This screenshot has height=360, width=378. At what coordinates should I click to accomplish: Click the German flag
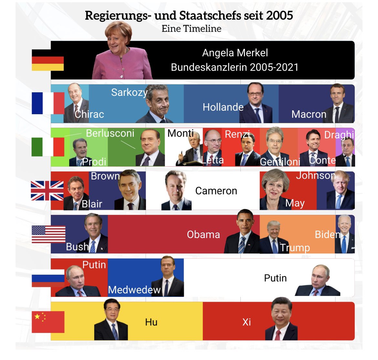coord(47,60)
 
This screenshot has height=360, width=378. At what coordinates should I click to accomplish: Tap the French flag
coord(48,103)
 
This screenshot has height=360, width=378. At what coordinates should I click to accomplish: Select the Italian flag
coord(48,147)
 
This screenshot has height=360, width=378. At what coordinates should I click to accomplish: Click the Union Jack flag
coord(47,191)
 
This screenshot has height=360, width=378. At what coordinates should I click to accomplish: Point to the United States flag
coord(48,234)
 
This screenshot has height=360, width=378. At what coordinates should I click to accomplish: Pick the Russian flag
coord(48,278)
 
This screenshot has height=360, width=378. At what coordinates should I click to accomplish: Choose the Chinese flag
coord(48,322)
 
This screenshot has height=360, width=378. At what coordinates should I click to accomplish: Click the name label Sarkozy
coord(129,93)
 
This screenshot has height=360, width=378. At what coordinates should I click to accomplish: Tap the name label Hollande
coord(223,107)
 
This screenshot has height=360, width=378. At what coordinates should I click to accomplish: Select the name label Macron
coord(309,114)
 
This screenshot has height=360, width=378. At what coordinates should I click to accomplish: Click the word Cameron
coord(216,191)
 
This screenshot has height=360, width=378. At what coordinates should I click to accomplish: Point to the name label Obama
coord(203,235)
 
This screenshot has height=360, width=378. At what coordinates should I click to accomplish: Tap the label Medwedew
coord(134,290)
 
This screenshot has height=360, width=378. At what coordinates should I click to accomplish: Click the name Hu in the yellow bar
coord(151,322)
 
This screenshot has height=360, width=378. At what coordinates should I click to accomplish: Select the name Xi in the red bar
coord(247,322)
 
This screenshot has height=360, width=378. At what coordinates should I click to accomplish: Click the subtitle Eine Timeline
coord(191,28)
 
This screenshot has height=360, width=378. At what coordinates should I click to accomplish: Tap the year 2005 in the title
coord(279,15)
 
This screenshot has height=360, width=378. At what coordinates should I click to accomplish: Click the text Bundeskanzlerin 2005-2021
coord(235,67)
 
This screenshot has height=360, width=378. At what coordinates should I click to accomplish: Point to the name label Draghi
coord(339,135)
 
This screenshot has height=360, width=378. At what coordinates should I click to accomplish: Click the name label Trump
coord(295,248)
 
